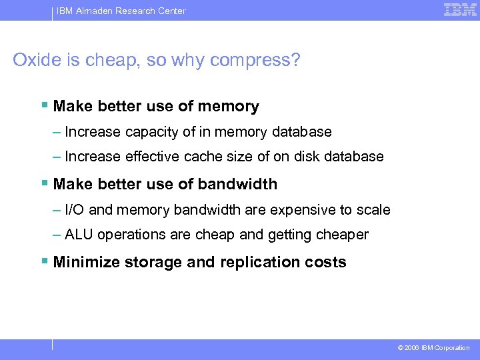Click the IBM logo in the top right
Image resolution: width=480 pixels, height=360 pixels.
coord(460,10)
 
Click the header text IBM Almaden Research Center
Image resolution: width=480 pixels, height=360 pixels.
coord(121,11)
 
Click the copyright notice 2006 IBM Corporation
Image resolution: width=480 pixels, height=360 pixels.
coord(433,347)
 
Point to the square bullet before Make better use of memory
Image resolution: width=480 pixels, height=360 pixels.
coord(44,105)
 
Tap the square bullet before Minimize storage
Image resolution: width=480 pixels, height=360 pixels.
coord(44,261)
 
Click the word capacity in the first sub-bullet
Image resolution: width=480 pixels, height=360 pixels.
coord(153,132)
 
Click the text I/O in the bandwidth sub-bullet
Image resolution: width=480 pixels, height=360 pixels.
coord(75,210)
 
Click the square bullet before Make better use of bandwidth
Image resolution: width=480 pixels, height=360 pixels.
coord(44,183)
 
